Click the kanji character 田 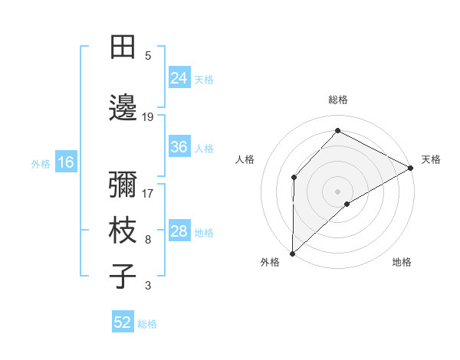[x=123, y=47]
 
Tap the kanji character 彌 [x=123, y=185]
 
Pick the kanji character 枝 [x=123, y=231]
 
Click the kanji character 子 [x=123, y=277]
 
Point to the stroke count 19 [x=148, y=116]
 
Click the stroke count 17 [x=148, y=193]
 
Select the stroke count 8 [x=148, y=240]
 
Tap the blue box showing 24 [x=179, y=78]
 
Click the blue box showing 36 [x=179, y=147]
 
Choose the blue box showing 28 [x=179, y=231]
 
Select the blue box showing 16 [x=66, y=162]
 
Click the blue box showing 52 [x=123, y=322]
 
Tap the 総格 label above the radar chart [x=338, y=100]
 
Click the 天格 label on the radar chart [x=431, y=159]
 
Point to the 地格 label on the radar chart [x=402, y=263]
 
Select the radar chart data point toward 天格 [x=411, y=168]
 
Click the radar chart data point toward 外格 [x=292, y=253]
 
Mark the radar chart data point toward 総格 [x=337, y=132]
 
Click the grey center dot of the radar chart [x=337, y=191]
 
